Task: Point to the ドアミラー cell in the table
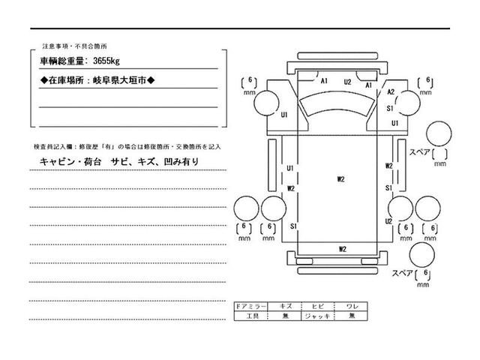point(250,307)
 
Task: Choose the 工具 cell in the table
point(250,316)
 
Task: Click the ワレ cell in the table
point(351,307)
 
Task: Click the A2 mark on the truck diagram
point(391,92)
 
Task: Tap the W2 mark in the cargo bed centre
point(340,179)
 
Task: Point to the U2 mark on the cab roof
point(348,82)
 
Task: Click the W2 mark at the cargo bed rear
point(342,248)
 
